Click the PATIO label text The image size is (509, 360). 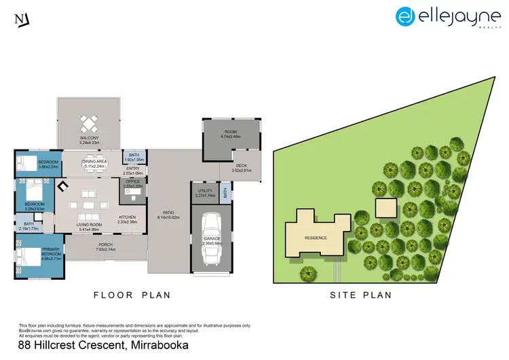(169, 213)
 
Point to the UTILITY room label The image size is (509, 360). (204, 192)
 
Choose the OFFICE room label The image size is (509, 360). (132, 182)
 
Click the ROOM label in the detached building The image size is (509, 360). (231, 132)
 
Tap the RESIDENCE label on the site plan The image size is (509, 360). (316, 238)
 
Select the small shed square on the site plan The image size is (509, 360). (385, 208)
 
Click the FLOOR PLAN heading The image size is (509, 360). (132, 295)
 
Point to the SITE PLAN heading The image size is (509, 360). (360, 295)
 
